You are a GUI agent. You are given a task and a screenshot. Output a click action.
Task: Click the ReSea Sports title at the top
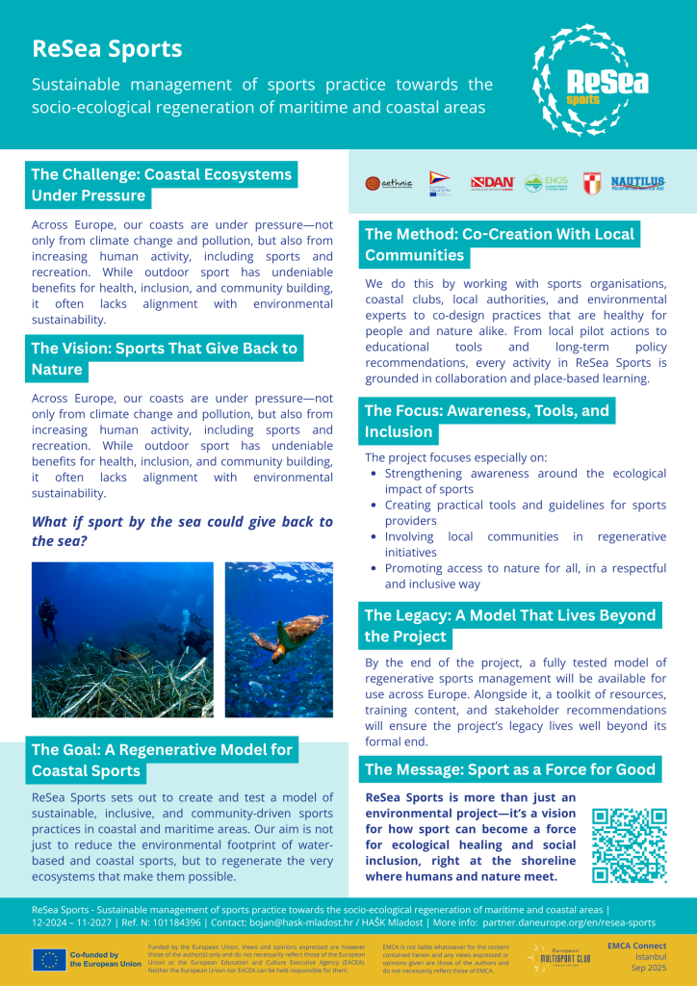107,49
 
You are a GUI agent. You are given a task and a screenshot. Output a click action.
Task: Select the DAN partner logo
492,182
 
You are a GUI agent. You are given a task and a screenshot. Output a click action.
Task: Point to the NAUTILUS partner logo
637,182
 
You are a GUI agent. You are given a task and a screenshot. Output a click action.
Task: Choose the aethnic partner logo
388,182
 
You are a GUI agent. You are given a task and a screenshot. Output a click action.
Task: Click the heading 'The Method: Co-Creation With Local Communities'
500,245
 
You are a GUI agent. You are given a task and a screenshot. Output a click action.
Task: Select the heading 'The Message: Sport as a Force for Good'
510,768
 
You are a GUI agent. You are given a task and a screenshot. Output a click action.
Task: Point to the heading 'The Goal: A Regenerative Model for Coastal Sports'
161,760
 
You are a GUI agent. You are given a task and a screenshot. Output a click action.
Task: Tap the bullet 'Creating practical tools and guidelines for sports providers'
525,513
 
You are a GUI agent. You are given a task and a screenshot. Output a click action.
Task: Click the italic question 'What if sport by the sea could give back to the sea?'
182,531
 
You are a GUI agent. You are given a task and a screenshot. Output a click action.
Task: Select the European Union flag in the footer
49,959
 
